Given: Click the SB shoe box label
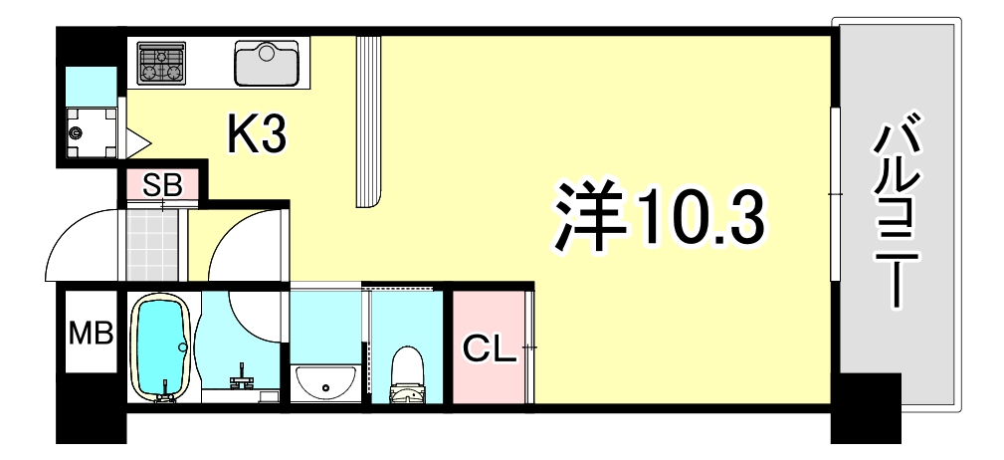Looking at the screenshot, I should (x=162, y=183).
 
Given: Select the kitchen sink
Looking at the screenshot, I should (x=266, y=63).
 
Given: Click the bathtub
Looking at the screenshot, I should (x=159, y=348).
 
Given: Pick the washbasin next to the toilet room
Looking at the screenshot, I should (x=326, y=381).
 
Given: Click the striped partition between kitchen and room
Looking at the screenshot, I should (x=368, y=119).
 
